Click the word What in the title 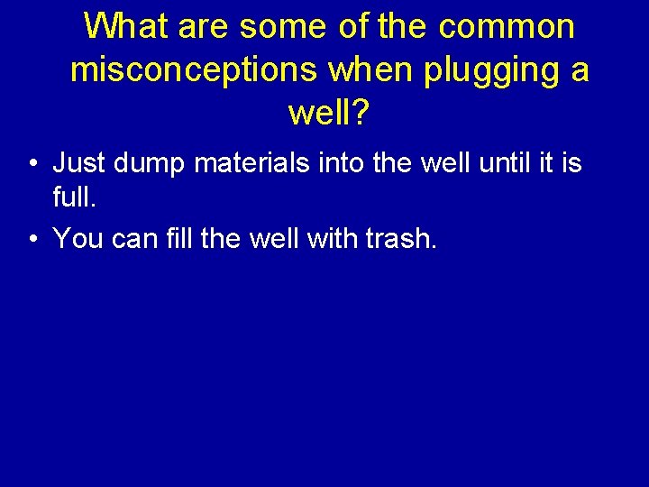coord(125,26)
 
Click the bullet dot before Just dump coord(32,165)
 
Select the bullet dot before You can coord(32,240)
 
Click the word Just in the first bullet coord(79,164)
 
